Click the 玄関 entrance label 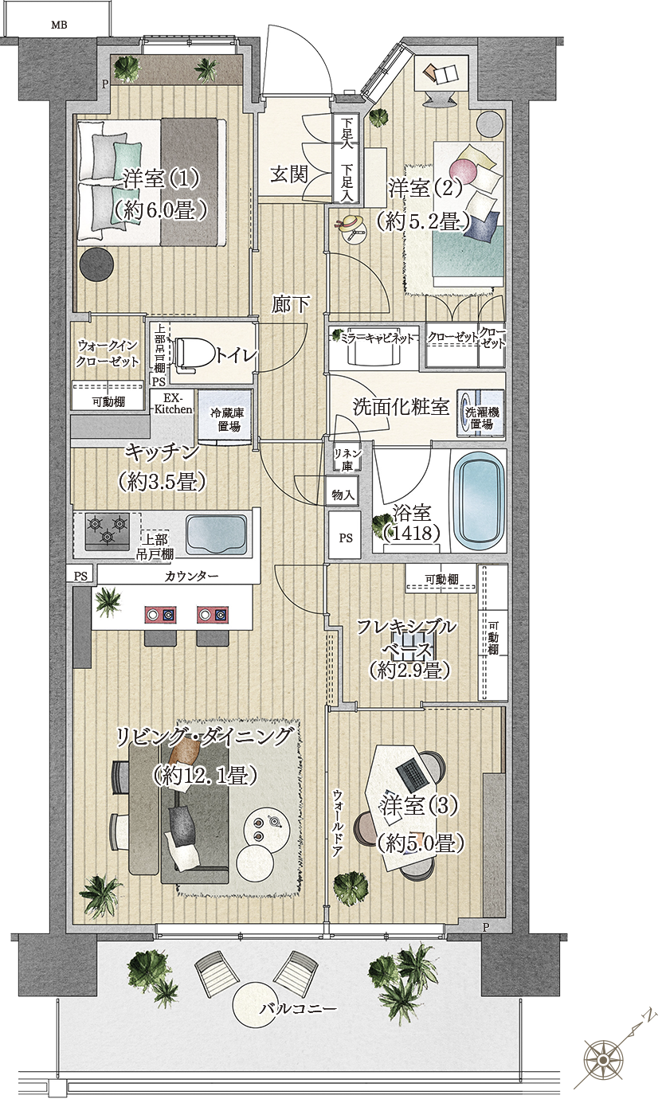point(288,174)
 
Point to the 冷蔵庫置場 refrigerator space point(225,419)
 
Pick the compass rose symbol point(603,1058)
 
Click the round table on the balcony point(260,1007)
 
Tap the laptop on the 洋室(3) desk point(412,770)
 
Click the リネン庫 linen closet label point(348,459)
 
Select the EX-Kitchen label point(173,404)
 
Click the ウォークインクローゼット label point(108,353)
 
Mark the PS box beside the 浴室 point(346,538)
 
